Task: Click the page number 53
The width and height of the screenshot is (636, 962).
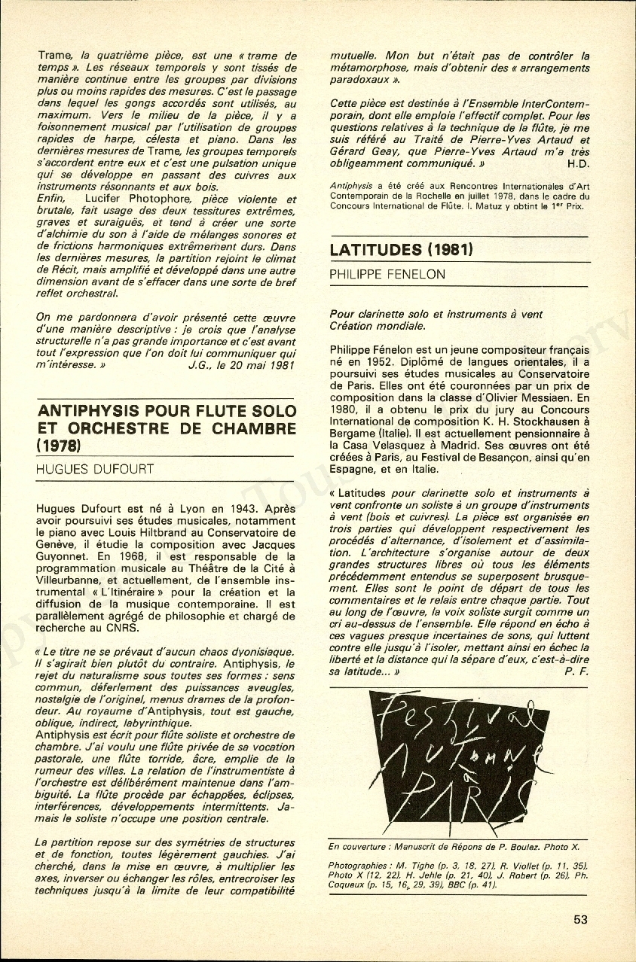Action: point(580,919)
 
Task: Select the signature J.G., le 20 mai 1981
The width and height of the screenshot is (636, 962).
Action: point(240,364)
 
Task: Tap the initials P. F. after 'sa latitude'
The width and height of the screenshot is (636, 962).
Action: point(576,672)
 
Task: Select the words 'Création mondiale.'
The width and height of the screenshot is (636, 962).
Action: point(378,326)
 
